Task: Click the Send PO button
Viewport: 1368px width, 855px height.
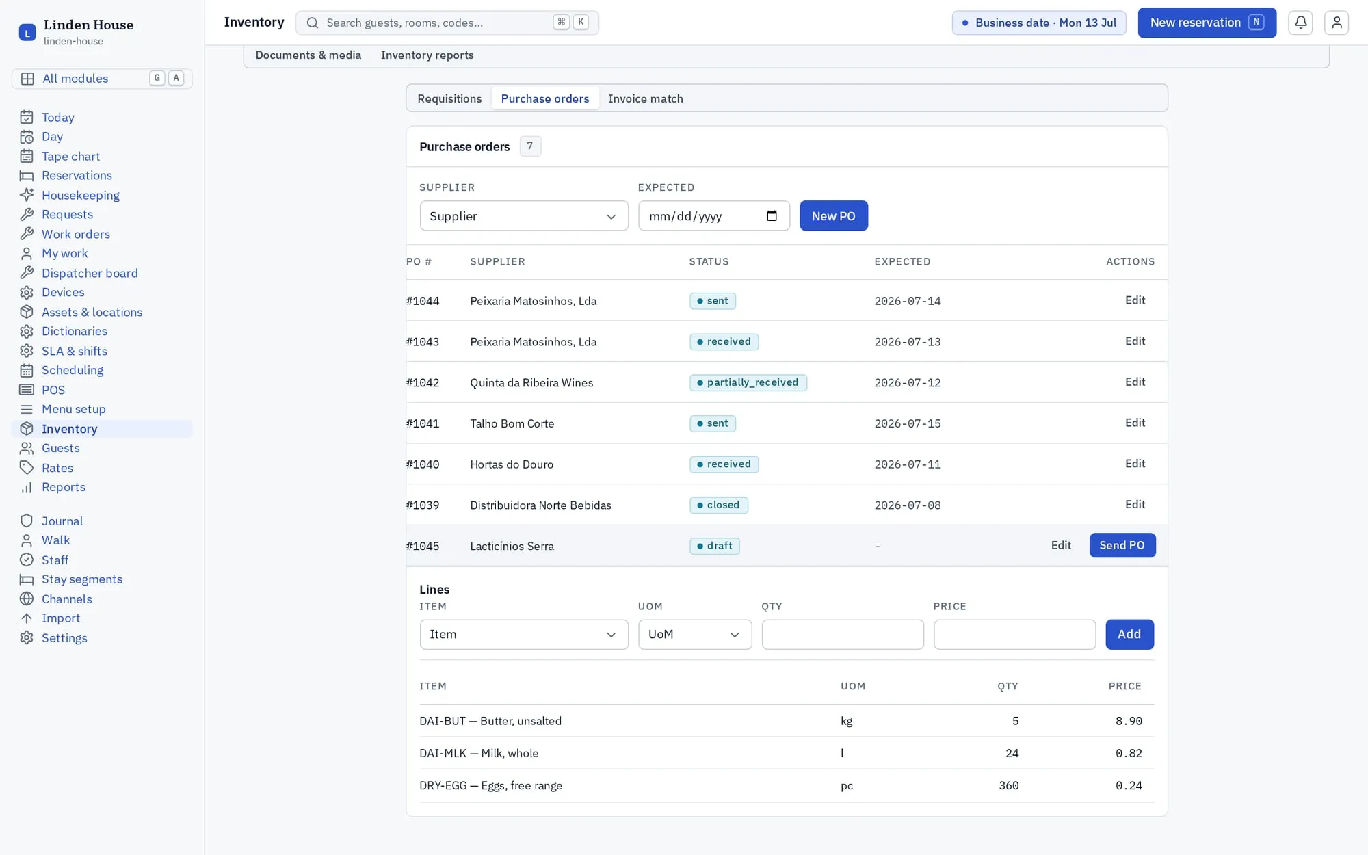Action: pos(1122,545)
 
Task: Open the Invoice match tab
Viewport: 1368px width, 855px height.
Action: pos(646,98)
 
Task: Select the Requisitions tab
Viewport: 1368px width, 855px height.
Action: pos(449,98)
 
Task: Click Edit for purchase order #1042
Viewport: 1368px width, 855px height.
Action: pos(1135,382)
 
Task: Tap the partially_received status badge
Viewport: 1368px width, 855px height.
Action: pos(748,382)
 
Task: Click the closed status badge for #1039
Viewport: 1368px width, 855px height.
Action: pos(719,505)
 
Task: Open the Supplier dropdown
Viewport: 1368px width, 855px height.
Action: pos(524,216)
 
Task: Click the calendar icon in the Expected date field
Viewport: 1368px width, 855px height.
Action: pos(772,216)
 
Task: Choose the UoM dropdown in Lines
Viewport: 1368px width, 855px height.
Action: pos(695,635)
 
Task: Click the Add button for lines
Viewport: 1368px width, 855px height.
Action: pos(1129,635)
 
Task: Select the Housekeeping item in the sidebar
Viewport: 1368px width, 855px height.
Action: pos(81,195)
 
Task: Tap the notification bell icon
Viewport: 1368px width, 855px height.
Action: pos(1300,23)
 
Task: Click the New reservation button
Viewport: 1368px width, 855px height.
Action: pos(1207,23)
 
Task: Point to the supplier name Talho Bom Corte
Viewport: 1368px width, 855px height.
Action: pos(512,423)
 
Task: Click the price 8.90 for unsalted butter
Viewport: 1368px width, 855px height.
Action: pos(1129,721)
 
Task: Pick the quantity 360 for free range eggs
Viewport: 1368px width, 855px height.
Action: pos(1009,786)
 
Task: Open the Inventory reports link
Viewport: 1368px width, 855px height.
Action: pos(427,55)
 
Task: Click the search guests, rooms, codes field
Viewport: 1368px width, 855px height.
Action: pos(447,23)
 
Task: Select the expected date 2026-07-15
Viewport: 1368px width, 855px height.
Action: pos(908,423)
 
